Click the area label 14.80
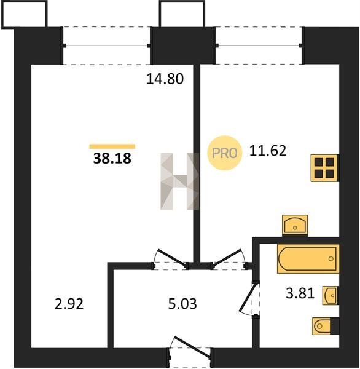click(x=165, y=79)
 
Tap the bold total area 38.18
click(x=112, y=158)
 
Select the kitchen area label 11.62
click(x=268, y=151)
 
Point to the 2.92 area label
click(x=69, y=304)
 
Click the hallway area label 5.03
click(x=182, y=304)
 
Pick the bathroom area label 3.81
click(x=300, y=293)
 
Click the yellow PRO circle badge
click(x=225, y=153)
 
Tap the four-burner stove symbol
click(x=325, y=168)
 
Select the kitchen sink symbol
click(x=295, y=224)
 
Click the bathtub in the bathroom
click(x=308, y=259)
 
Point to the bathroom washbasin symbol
click(x=331, y=296)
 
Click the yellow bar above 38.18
click(x=112, y=146)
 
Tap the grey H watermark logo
click(x=180, y=181)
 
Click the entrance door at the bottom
click(x=190, y=348)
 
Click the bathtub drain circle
click(x=331, y=259)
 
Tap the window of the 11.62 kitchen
click(x=259, y=46)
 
